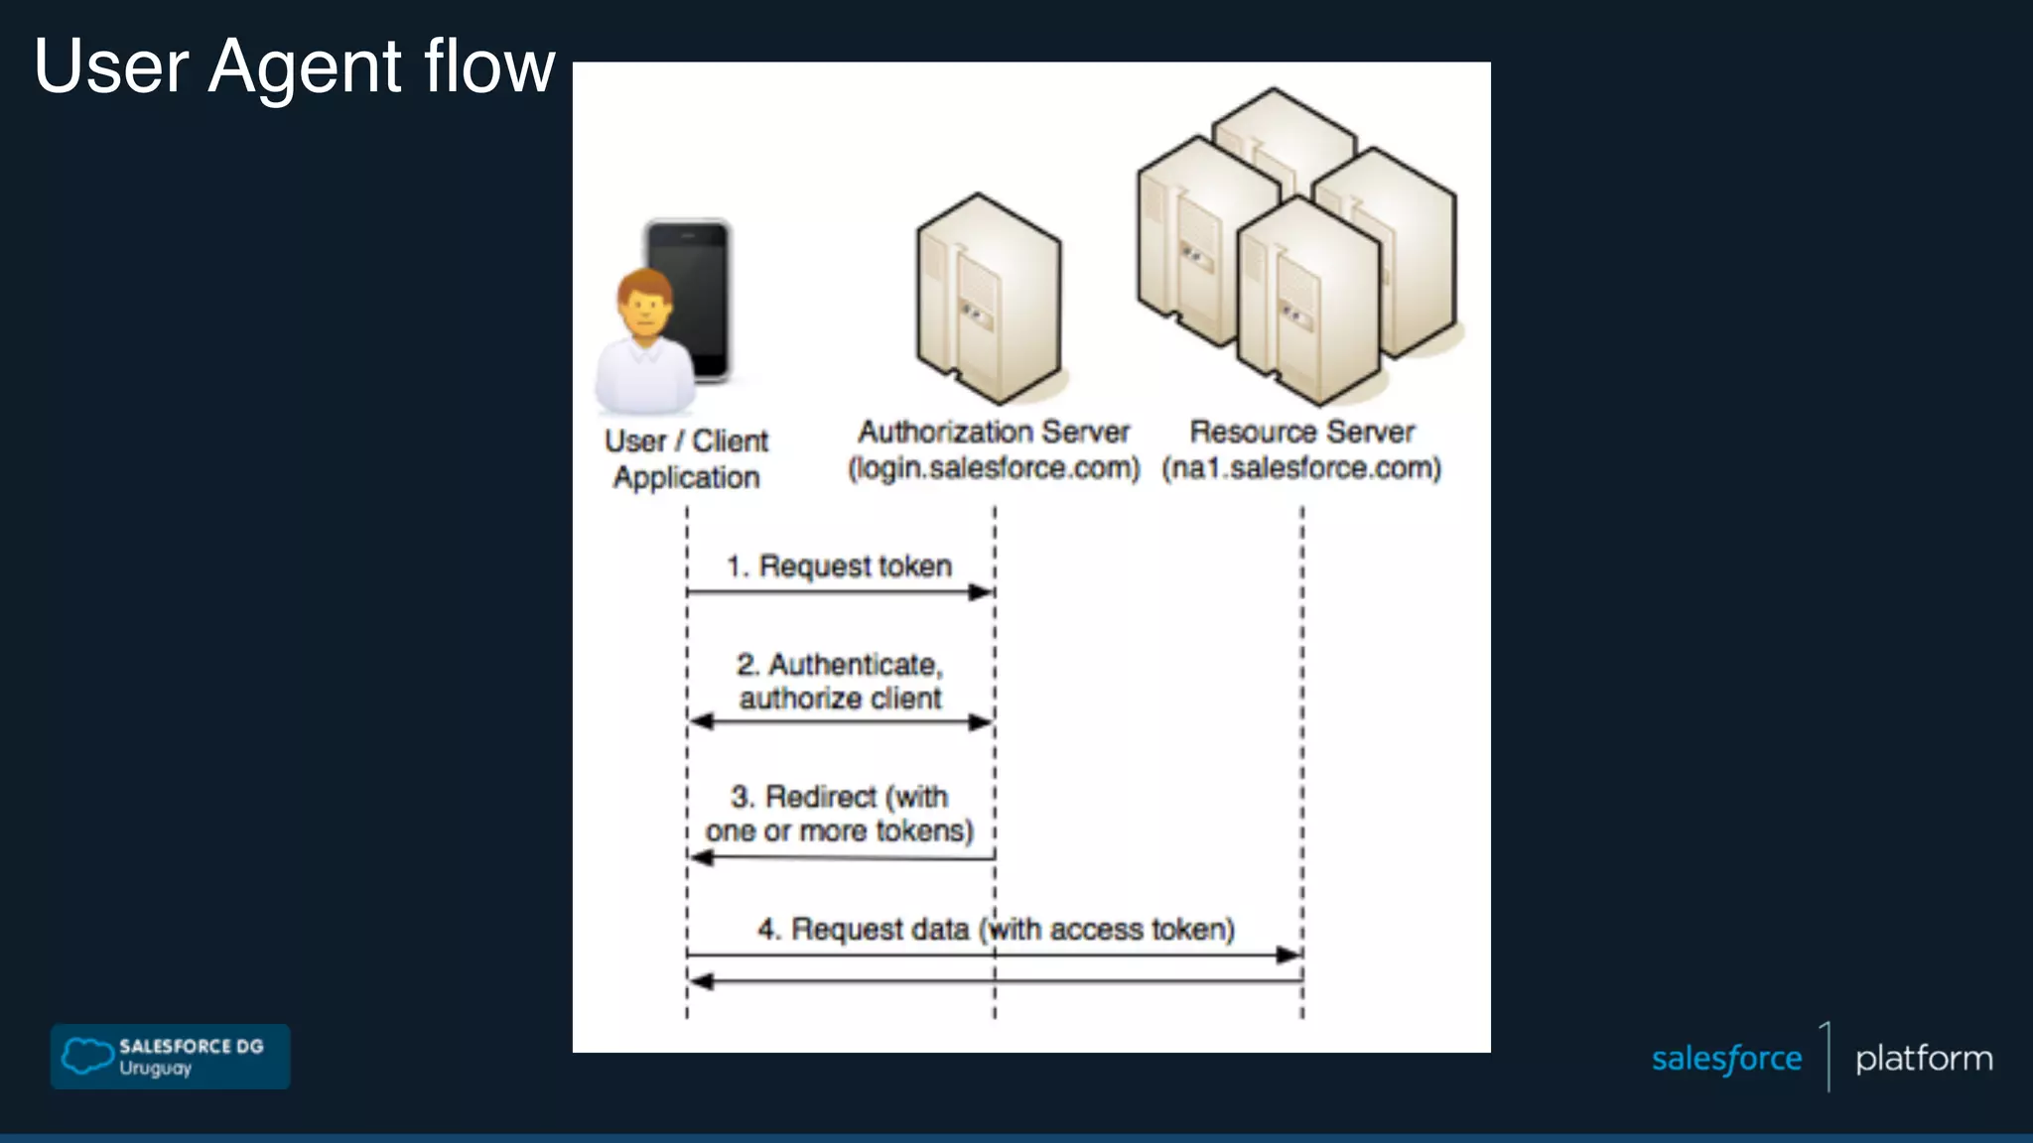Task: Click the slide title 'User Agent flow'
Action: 294,66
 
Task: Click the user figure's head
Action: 644,300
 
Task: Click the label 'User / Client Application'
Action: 686,458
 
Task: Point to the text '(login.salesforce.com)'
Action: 994,467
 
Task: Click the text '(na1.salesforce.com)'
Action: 1301,467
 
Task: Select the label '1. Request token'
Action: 840,566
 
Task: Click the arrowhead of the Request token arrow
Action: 982,592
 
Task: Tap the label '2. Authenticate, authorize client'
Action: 840,681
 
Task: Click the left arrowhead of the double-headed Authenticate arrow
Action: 701,722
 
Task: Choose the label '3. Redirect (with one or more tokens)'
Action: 840,814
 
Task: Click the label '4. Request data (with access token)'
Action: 996,930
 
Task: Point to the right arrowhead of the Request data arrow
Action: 1288,954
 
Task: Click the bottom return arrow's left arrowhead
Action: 701,981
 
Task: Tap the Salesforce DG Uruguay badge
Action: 170,1057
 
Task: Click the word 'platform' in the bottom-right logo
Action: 1923,1059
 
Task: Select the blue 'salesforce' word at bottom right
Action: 1726,1059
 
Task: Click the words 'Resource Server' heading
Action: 1301,432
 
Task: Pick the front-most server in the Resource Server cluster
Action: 1308,303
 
